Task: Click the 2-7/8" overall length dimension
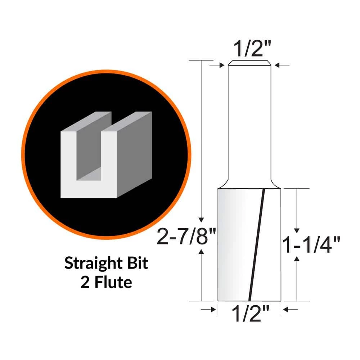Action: (x=186, y=238)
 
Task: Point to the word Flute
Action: (x=111, y=282)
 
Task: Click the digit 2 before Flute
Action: (x=85, y=282)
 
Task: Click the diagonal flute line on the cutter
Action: (x=257, y=245)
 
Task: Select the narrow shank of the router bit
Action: (x=250, y=122)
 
